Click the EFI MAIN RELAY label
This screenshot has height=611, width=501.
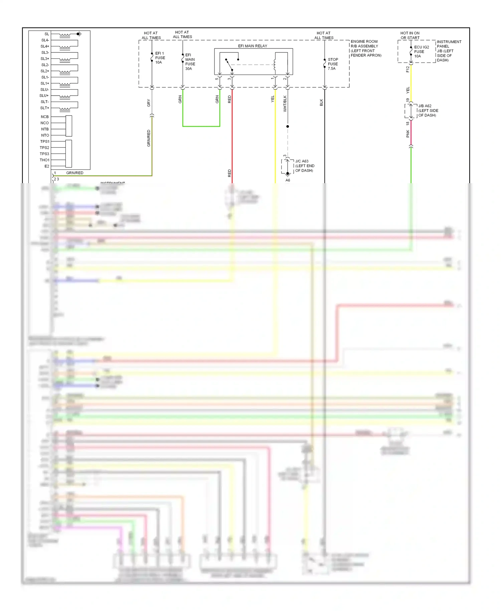[253, 46]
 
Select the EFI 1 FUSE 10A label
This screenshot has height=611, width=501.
[160, 58]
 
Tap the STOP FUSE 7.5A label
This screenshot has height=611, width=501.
[333, 64]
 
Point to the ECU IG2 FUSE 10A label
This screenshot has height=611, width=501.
[421, 51]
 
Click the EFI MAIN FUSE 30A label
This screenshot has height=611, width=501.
[190, 62]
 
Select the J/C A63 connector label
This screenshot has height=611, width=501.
[304, 166]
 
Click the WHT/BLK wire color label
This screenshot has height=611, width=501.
[285, 103]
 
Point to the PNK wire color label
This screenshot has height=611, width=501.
[408, 134]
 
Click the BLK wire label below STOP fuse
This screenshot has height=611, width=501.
[321, 103]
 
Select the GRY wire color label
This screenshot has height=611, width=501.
[149, 103]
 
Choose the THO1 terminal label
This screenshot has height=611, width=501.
[44, 160]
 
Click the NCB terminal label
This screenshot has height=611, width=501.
[45, 117]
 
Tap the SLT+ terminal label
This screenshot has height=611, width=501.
[45, 108]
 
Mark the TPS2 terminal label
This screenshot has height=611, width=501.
[44, 148]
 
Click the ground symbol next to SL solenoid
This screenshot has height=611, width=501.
[79, 34]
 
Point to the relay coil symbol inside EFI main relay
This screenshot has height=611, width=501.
[275, 65]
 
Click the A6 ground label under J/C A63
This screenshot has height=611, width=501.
[288, 180]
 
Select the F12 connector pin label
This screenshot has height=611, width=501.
[407, 69]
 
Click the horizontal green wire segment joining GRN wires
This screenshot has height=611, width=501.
[201, 126]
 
